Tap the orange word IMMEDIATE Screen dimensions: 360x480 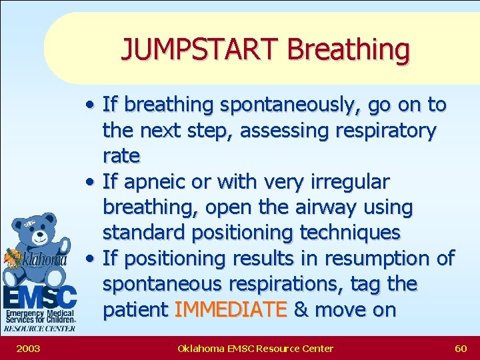pyautogui.click(x=231, y=310)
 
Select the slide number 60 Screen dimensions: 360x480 pyautogui.click(x=461, y=348)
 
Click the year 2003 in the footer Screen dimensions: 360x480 pyautogui.click(x=27, y=348)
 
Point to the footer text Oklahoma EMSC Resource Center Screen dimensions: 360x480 pyautogui.click(x=255, y=348)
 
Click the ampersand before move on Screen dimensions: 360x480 pyautogui.click(x=300, y=310)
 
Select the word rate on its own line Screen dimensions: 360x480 pyautogui.click(x=121, y=156)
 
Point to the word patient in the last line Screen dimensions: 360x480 pyautogui.click(x=135, y=310)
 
